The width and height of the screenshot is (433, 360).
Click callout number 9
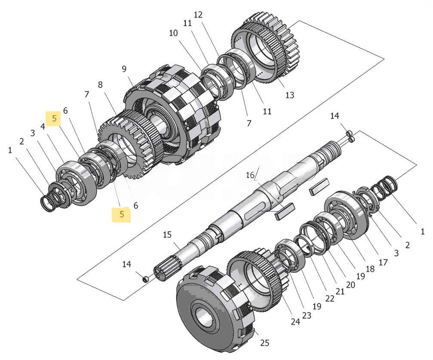coord(124,69)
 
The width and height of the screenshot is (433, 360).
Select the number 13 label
coord(289,95)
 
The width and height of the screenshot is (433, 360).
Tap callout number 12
coord(198,15)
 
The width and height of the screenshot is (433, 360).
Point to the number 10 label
coord(173,33)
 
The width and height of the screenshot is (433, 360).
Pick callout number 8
coord(101,85)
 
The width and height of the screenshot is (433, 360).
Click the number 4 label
coord(43,127)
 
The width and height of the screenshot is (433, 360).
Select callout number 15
coord(167,235)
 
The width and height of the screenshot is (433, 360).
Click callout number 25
coord(264,343)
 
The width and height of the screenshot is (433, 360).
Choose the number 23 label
coord(306,315)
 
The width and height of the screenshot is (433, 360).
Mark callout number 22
coord(329,299)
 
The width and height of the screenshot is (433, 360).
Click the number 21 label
coord(340,291)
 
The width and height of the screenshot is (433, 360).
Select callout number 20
coord(350,284)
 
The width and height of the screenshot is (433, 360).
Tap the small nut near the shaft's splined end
coord(146,280)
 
